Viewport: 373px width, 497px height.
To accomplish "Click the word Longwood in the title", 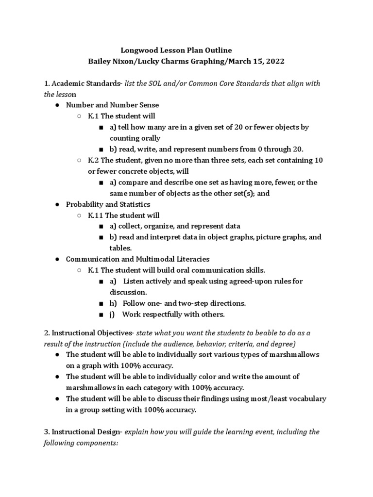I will [137, 50].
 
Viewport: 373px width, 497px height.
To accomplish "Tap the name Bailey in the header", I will [100, 62].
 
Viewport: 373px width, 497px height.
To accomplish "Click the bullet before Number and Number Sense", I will [57, 105].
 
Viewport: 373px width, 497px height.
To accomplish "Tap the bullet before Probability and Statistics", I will [57, 204].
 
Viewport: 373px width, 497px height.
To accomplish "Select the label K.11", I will [95, 215].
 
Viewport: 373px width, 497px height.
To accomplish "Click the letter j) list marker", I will [112, 315].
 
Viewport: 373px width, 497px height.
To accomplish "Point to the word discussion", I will [127, 292].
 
